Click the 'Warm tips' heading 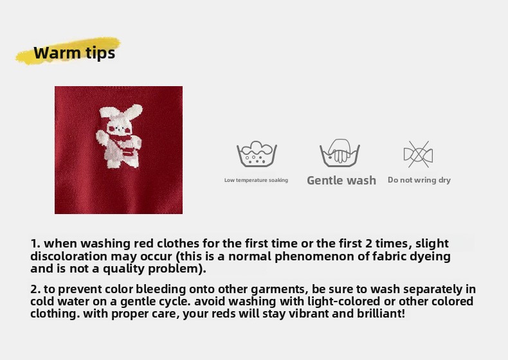pos(74,53)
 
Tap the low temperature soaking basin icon pos(257,154)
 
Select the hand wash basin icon pos(340,153)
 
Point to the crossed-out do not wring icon pos(418,154)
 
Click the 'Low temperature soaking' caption pos(256,180)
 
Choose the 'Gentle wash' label pos(341,180)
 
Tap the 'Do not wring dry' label pos(419,180)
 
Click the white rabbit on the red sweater pos(119,136)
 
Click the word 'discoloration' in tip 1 pos(69,256)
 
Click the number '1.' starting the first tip pos(35,244)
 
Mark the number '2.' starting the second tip pos(35,289)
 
